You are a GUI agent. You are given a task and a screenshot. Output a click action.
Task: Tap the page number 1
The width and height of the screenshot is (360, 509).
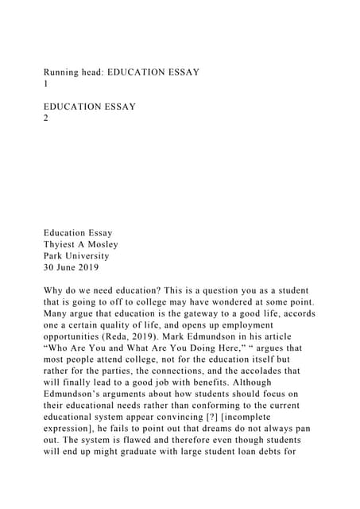[x=46, y=84]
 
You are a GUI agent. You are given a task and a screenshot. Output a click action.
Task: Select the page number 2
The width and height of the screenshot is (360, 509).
[x=46, y=118]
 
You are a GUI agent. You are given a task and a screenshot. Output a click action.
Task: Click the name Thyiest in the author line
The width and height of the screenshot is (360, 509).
[x=63, y=245]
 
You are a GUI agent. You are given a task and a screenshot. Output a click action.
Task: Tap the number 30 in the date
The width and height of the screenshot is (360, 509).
[x=50, y=268]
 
